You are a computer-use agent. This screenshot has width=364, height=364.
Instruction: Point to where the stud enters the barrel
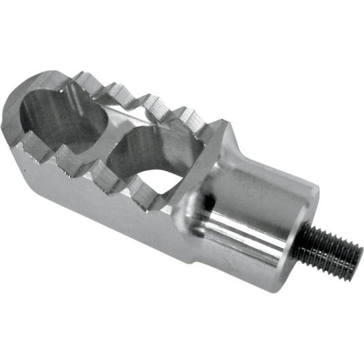coord(305,239)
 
